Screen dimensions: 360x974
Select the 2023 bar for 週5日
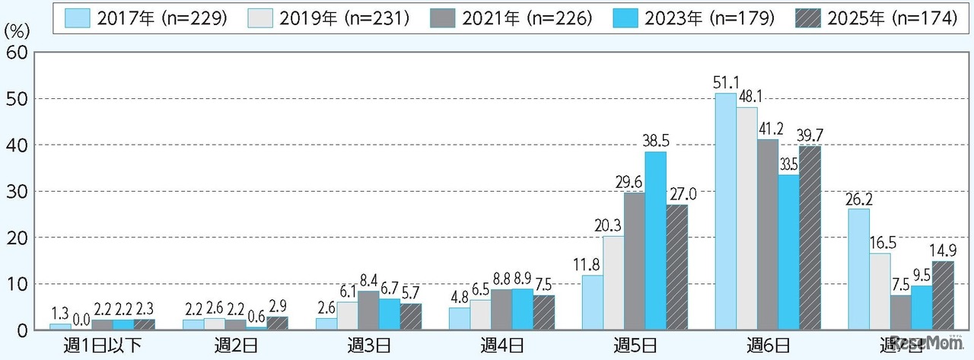point(655,241)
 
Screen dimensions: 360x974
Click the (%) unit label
point(18,33)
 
